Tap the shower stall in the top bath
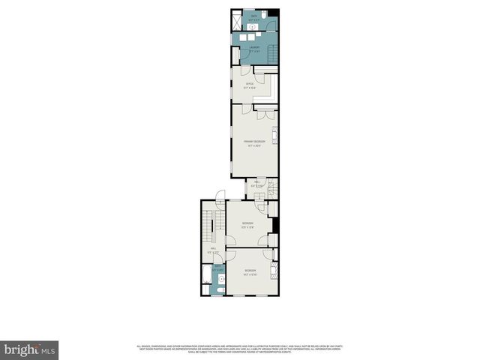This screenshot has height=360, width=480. tap(237, 22)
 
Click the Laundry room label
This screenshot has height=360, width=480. tap(254, 49)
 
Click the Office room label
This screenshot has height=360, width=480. tap(248, 85)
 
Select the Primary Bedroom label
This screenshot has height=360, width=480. tap(253, 142)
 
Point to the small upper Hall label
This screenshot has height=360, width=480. tap(256, 184)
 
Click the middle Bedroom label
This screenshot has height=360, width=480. tap(247, 225)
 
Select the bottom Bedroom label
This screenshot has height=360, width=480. tap(250, 271)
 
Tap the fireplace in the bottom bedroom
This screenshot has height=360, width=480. tap(274, 271)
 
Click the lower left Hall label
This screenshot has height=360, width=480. tap(212, 250)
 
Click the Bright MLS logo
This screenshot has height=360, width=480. tap(30, 349)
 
